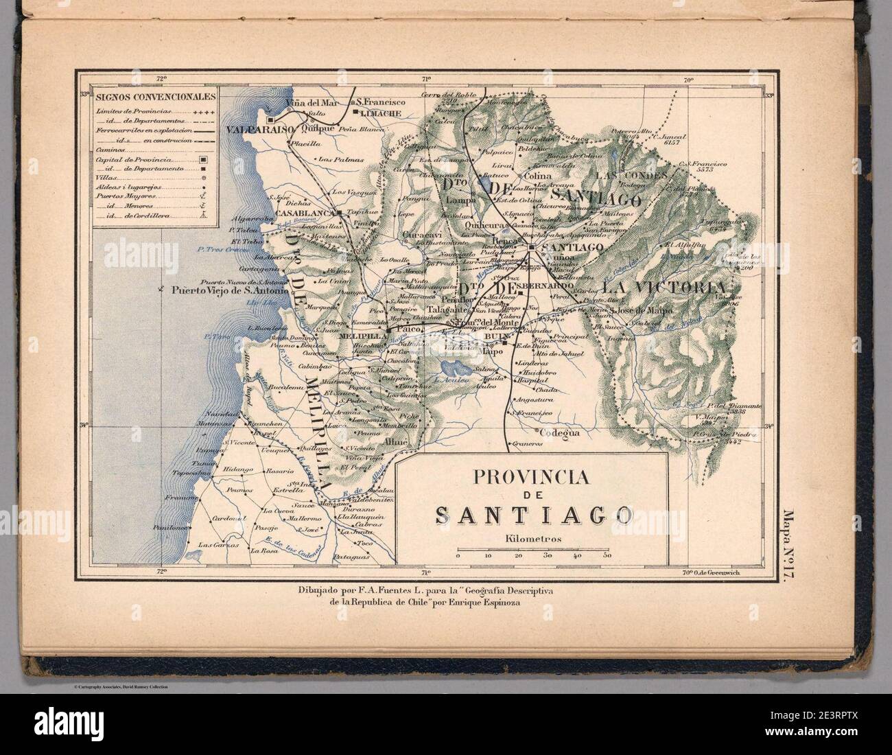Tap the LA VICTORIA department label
(663, 286)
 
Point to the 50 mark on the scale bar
(607, 557)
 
